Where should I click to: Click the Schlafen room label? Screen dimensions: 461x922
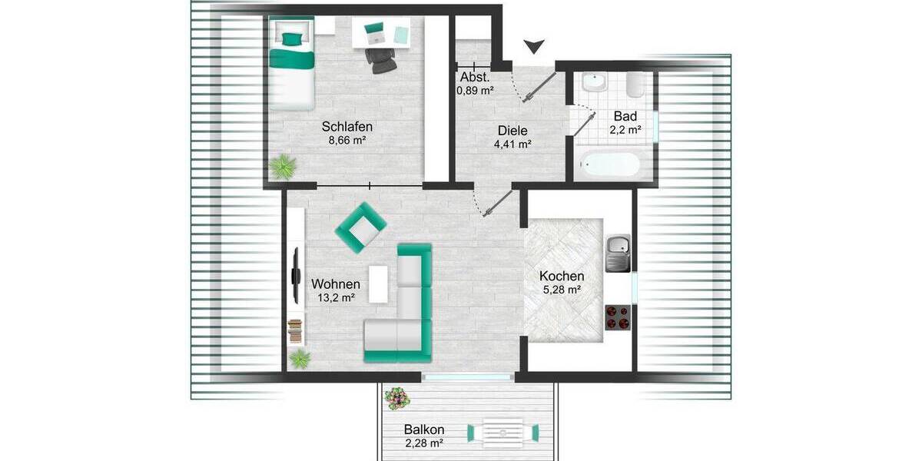tap(347, 127)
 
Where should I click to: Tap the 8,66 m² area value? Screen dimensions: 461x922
tap(347, 141)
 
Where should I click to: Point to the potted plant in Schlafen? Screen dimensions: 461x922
tap(283, 166)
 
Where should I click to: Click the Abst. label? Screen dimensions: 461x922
tap(474, 77)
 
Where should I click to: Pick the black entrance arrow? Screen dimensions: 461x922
tap(535, 46)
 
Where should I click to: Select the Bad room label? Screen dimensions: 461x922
tap(625, 117)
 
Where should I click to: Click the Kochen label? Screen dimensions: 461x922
tap(562, 277)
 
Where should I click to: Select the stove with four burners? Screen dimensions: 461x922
tap(618, 316)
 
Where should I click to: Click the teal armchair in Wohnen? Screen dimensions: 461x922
tap(360, 227)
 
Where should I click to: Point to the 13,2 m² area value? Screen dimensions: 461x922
tap(337, 298)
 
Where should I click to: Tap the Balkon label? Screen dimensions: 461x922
tap(423, 430)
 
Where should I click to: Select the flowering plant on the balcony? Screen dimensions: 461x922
tap(396, 398)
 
